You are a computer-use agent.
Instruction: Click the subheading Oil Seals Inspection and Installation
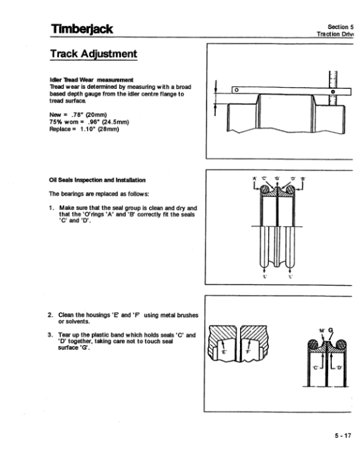point(97,179)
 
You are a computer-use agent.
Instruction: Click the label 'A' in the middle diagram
point(254,178)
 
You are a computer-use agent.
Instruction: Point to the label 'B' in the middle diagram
point(303,178)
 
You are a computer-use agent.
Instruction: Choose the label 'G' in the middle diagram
point(278,178)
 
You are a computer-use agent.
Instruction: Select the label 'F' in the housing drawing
point(247,353)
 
